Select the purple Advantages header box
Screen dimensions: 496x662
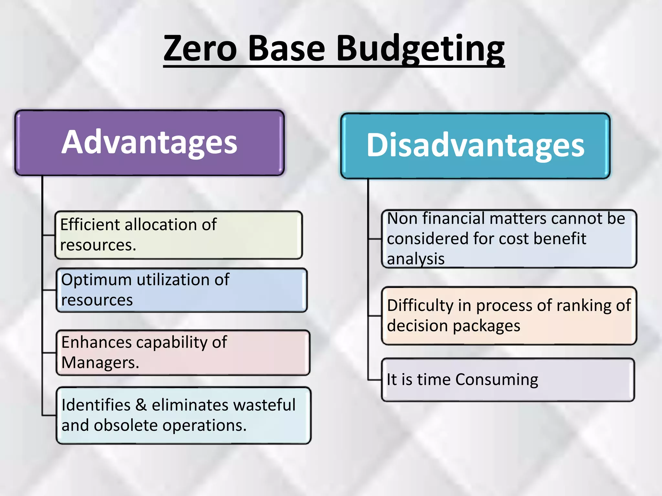coord(149,143)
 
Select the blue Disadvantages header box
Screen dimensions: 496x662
coord(475,146)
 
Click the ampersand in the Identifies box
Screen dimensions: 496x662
coord(141,405)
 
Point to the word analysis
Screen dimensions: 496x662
coord(416,259)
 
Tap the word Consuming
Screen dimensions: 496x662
coord(496,380)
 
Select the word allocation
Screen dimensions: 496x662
coord(161,224)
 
